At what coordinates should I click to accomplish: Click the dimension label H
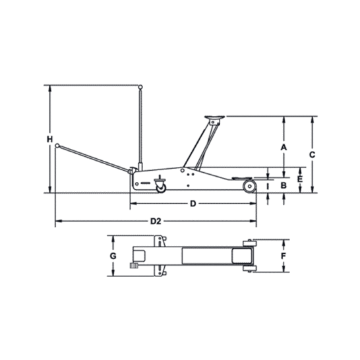point(49,139)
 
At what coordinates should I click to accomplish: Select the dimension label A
point(284,148)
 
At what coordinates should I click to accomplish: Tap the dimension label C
point(312,155)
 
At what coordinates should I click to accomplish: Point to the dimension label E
point(300,179)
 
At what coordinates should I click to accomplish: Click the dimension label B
point(284,185)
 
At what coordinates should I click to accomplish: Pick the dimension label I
point(268,187)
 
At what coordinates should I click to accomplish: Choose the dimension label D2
point(156,222)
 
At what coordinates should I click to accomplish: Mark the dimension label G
point(113,256)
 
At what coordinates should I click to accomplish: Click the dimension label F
point(284,256)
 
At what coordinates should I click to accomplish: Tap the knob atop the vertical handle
point(140,87)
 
